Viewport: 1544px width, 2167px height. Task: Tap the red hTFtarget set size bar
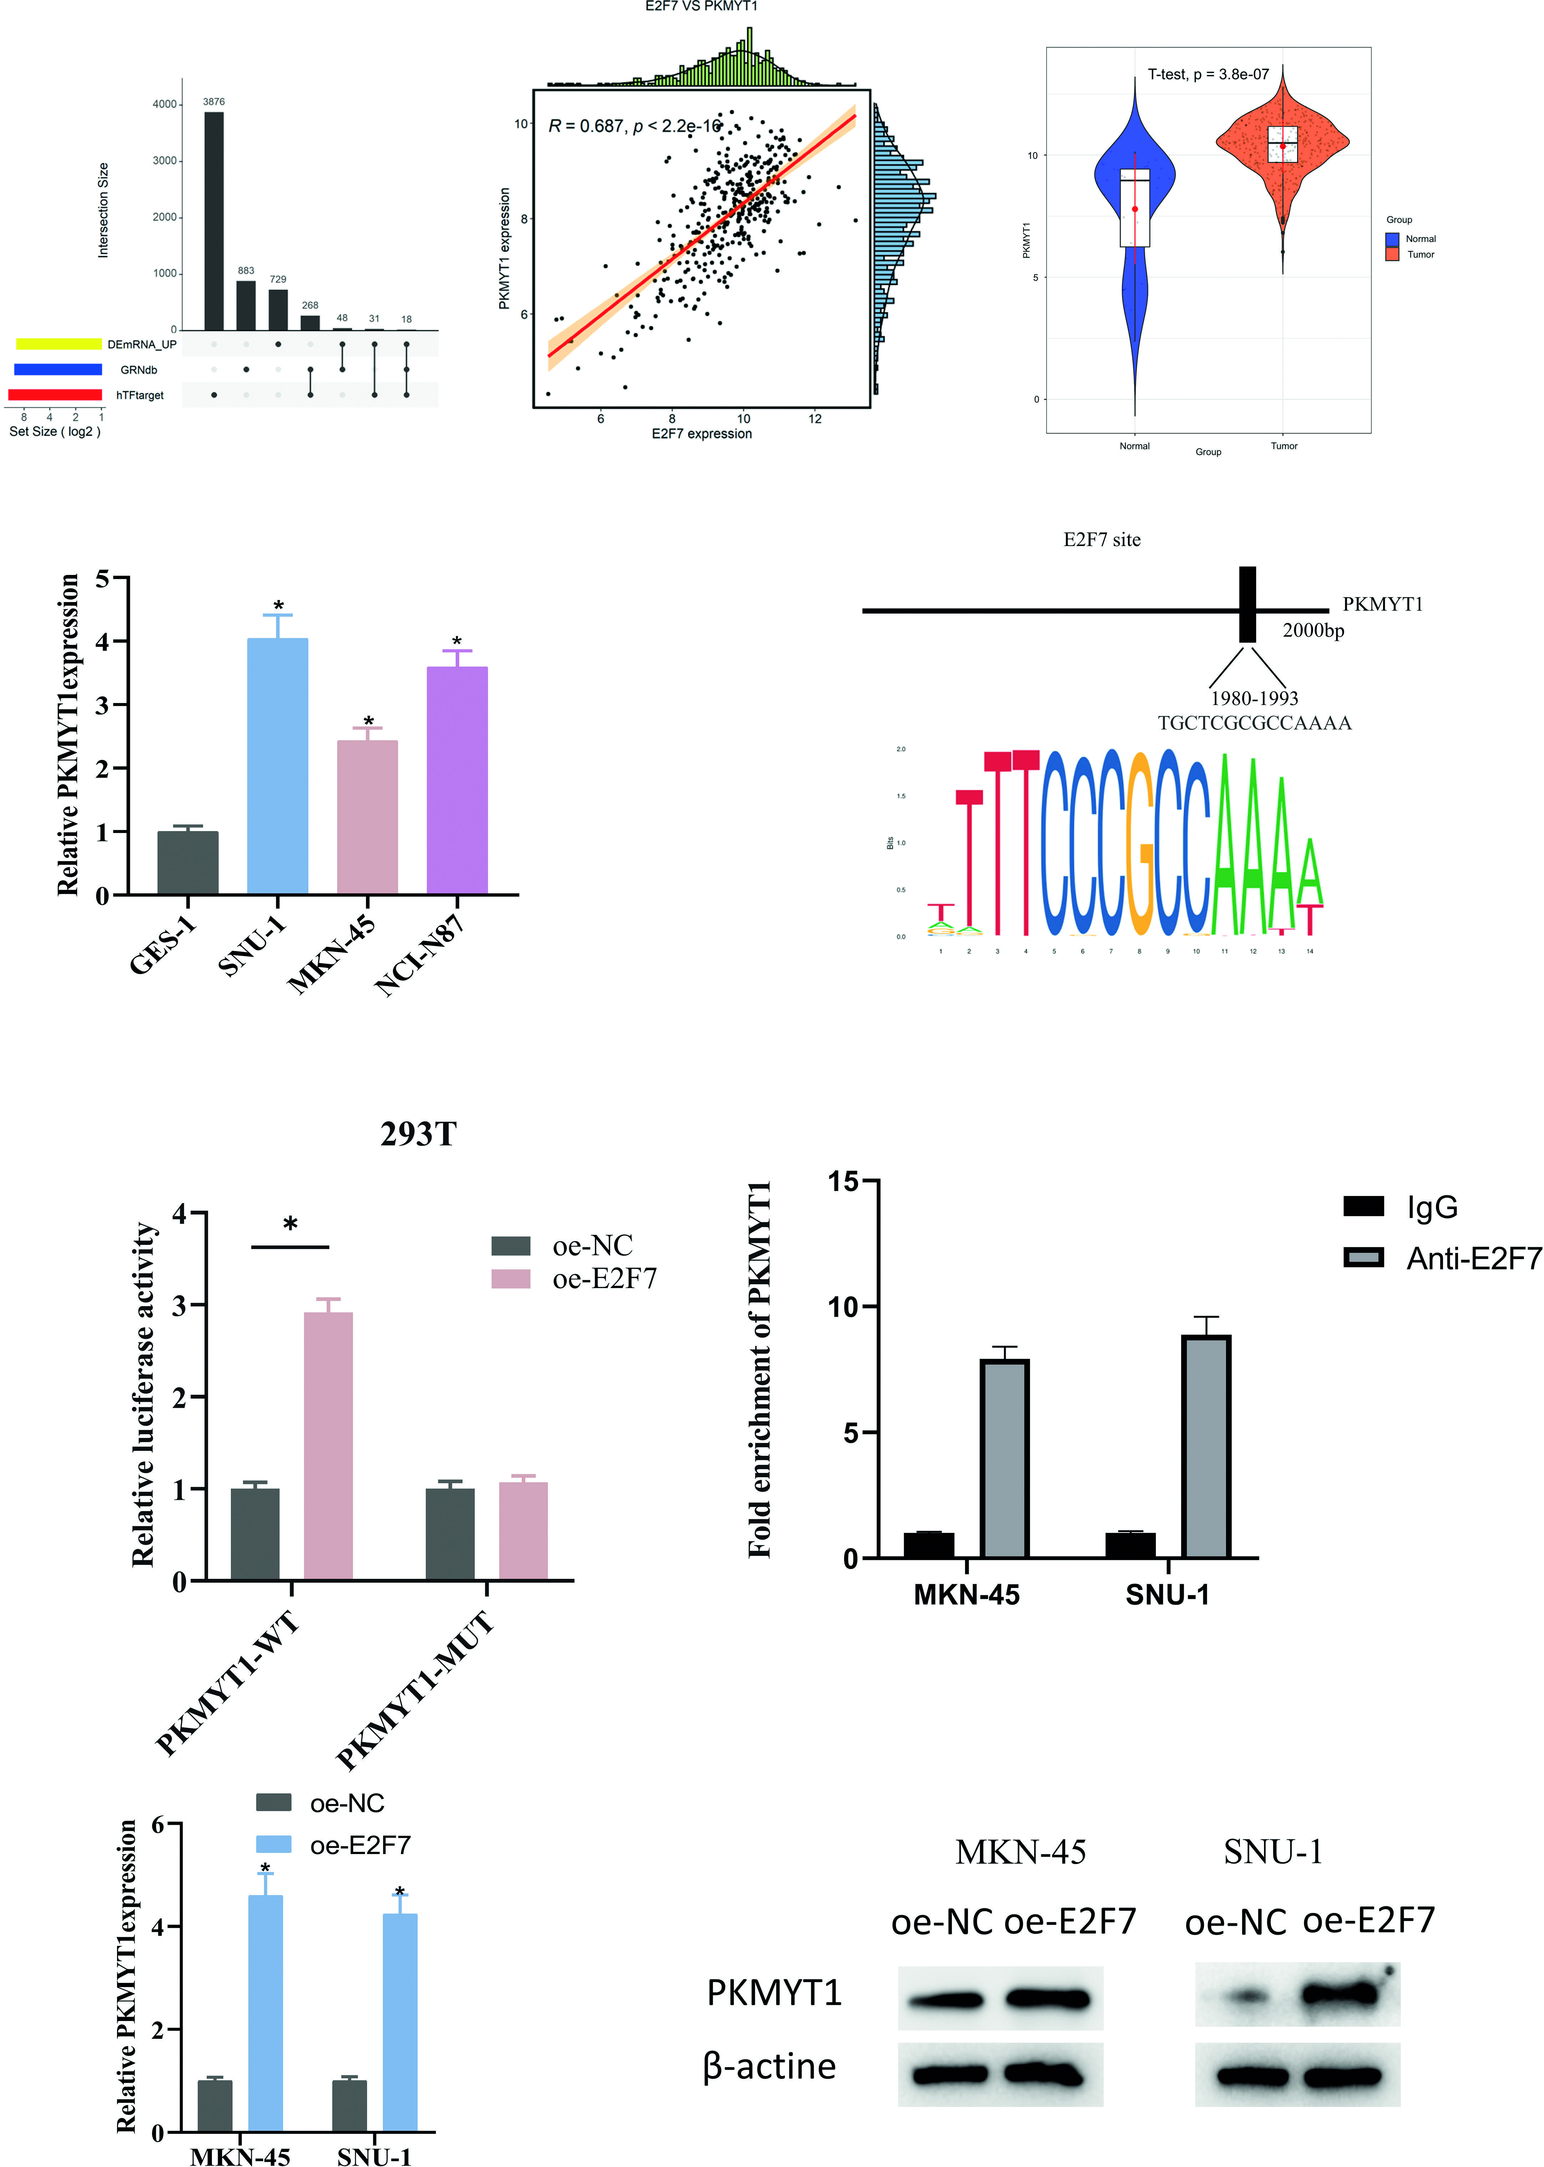(55, 395)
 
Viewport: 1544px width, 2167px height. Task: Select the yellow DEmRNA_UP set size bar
(59, 343)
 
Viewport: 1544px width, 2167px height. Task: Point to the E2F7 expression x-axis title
(702, 434)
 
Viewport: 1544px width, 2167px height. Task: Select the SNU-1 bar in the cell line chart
(278, 766)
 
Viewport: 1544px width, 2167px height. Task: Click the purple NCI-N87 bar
(457, 780)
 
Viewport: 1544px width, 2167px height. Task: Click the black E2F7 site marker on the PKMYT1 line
(1248, 605)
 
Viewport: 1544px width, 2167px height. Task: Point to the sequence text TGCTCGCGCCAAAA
(1254, 723)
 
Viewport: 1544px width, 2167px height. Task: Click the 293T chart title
(418, 1133)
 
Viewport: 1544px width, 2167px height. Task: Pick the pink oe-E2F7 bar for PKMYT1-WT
(328, 1445)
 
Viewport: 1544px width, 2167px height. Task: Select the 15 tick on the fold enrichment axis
(843, 1182)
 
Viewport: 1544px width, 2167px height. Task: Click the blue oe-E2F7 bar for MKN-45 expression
(265, 2013)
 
